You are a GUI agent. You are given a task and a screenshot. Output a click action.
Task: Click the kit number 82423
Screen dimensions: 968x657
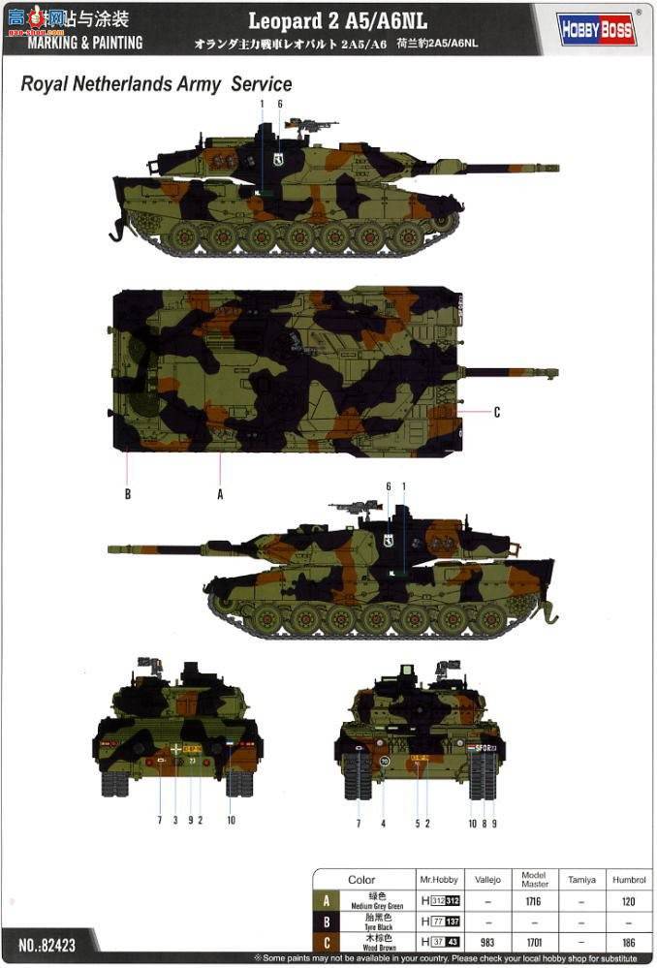pyautogui.click(x=47, y=941)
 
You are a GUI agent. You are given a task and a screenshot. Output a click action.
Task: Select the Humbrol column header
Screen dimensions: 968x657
pyautogui.click(x=628, y=880)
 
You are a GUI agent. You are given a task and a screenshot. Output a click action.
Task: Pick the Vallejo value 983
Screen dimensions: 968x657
pyautogui.click(x=487, y=940)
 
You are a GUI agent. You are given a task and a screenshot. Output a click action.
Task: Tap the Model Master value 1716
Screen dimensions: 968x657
pyautogui.click(x=534, y=901)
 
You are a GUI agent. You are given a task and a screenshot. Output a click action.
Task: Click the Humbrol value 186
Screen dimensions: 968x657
pyautogui.click(x=628, y=940)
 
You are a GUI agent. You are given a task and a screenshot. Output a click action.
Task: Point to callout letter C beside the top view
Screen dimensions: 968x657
pyautogui.click(x=496, y=413)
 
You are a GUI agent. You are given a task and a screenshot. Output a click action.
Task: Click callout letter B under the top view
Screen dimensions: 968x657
pyautogui.click(x=127, y=493)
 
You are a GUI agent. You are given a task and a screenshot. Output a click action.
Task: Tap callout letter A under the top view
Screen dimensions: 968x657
pyautogui.click(x=220, y=493)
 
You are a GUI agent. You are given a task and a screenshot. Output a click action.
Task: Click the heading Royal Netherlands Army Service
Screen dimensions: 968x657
pyautogui.click(x=156, y=84)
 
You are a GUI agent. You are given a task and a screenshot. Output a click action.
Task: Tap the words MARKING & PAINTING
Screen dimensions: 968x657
pyautogui.click(x=84, y=43)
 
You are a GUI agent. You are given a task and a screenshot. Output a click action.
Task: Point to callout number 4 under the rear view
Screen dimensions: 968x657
pyautogui.click(x=384, y=823)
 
